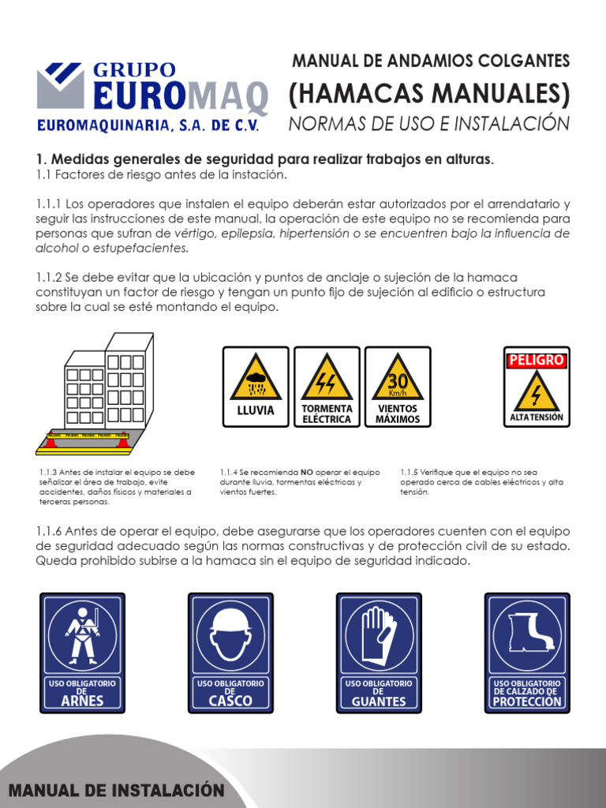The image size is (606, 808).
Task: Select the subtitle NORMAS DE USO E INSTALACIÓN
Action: pyautogui.click(x=428, y=124)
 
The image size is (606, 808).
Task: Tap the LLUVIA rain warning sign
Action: pyautogui.click(x=256, y=387)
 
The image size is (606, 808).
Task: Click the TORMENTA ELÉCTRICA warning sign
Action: pyautogui.click(x=327, y=387)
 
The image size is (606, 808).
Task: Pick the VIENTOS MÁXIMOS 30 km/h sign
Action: pyautogui.click(x=398, y=387)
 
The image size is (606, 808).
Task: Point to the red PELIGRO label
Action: pyautogui.click(x=537, y=360)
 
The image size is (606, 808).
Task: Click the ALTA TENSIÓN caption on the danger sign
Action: pyautogui.click(x=537, y=417)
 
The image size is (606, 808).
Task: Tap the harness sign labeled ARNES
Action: pyautogui.click(x=82, y=653)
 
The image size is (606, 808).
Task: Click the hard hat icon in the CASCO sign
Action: pyautogui.click(x=230, y=631)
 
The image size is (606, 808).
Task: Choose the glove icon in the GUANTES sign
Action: pyautogui.click(x=378, y=633)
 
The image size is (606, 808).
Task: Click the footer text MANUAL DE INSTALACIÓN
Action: pyautogui.click(x=116, y=791)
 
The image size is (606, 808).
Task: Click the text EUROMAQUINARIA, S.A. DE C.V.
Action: pyautogui.click(x=148, y=125)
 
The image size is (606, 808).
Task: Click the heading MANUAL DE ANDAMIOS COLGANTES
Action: pyautogui.click(x=430, y=61)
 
